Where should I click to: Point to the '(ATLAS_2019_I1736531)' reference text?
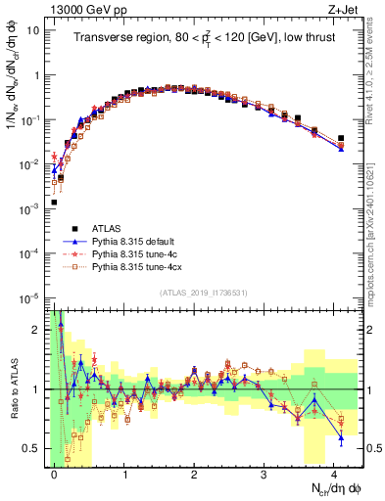point(203,293)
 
